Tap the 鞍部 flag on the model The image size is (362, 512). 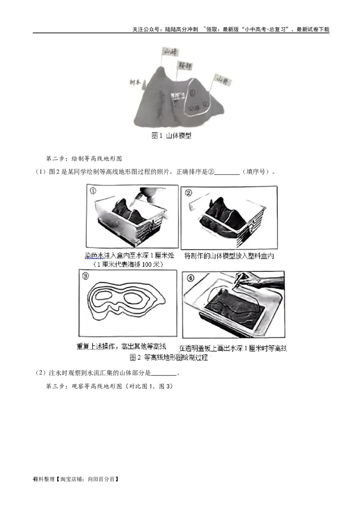[184, 66]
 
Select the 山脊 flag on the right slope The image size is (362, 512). [221, 80]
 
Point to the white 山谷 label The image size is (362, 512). [178, 96]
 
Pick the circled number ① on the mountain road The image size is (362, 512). [193, 94]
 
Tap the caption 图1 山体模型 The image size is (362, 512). [171, 135]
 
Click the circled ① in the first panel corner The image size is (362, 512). [94, 191]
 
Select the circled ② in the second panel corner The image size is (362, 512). [189, 193]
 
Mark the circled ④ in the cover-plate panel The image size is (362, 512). [189, 276]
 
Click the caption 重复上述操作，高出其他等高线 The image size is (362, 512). [121, 347]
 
